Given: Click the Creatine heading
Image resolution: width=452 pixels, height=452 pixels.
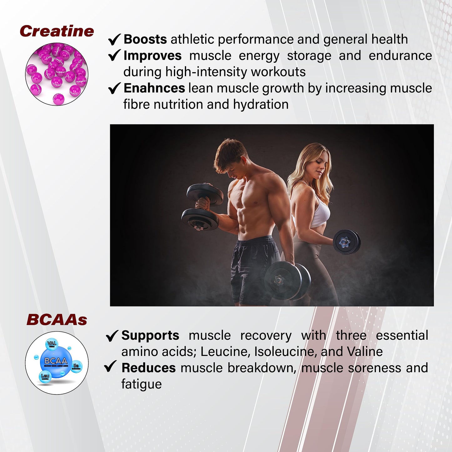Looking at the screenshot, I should [57, 31].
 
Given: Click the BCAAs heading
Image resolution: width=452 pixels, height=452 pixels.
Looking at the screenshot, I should [57, 320].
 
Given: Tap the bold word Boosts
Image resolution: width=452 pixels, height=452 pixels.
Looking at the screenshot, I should [145, 39].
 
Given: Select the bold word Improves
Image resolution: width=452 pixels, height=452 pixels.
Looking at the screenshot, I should [152, 56].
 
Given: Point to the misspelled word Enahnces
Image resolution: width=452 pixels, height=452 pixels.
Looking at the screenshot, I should [154, 88].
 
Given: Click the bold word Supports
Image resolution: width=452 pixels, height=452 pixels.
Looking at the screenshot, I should [150, 335].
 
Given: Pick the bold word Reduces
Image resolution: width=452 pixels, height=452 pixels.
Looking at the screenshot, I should [149, 368].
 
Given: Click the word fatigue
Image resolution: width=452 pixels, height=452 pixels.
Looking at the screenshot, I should [141, 384].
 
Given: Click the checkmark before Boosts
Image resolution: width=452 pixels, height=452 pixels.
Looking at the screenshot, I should [114, 39].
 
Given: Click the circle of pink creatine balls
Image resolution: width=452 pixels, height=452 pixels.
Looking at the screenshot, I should [57, 74].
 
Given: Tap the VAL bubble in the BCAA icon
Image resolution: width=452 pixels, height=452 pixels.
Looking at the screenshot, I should [52, 344].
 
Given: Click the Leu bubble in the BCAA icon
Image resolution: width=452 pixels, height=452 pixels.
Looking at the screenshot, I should [45, 376].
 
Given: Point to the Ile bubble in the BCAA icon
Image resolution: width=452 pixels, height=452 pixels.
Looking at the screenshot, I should [76, 366].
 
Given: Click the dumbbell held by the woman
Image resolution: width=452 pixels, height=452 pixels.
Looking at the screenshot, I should [346, 242].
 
